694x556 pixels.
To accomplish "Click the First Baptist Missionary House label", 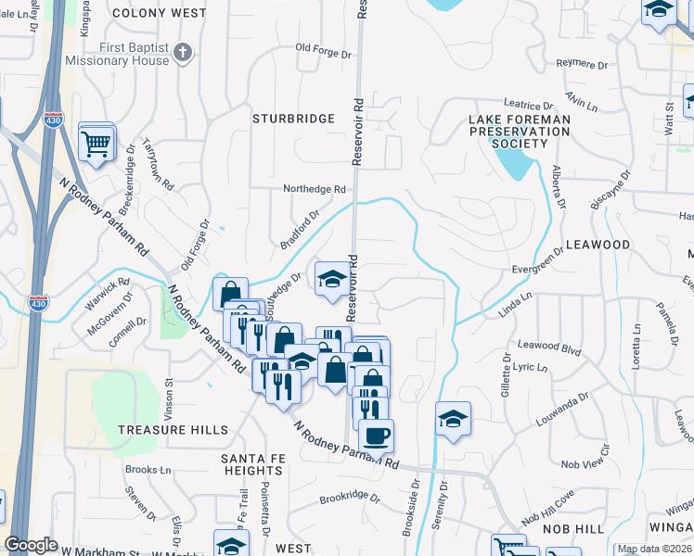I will click(117, 53).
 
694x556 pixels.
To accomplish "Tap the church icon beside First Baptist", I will click(183, 52).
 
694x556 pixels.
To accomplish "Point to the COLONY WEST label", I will click(172, 13).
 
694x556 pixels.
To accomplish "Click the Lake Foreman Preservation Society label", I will click(519, 132).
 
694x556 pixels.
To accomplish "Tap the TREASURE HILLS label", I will click(173, 430).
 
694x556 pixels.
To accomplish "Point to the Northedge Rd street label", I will click(315, 189).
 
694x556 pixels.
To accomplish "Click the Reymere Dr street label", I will click(581, 64).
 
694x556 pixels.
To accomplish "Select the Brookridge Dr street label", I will click(350, 498).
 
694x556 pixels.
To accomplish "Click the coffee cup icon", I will click(376, 435).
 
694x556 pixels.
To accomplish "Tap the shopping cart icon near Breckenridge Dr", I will click(96, 143).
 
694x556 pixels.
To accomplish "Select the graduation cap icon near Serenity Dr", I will click(453, 420).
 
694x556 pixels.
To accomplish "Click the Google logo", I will click(31, 545).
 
